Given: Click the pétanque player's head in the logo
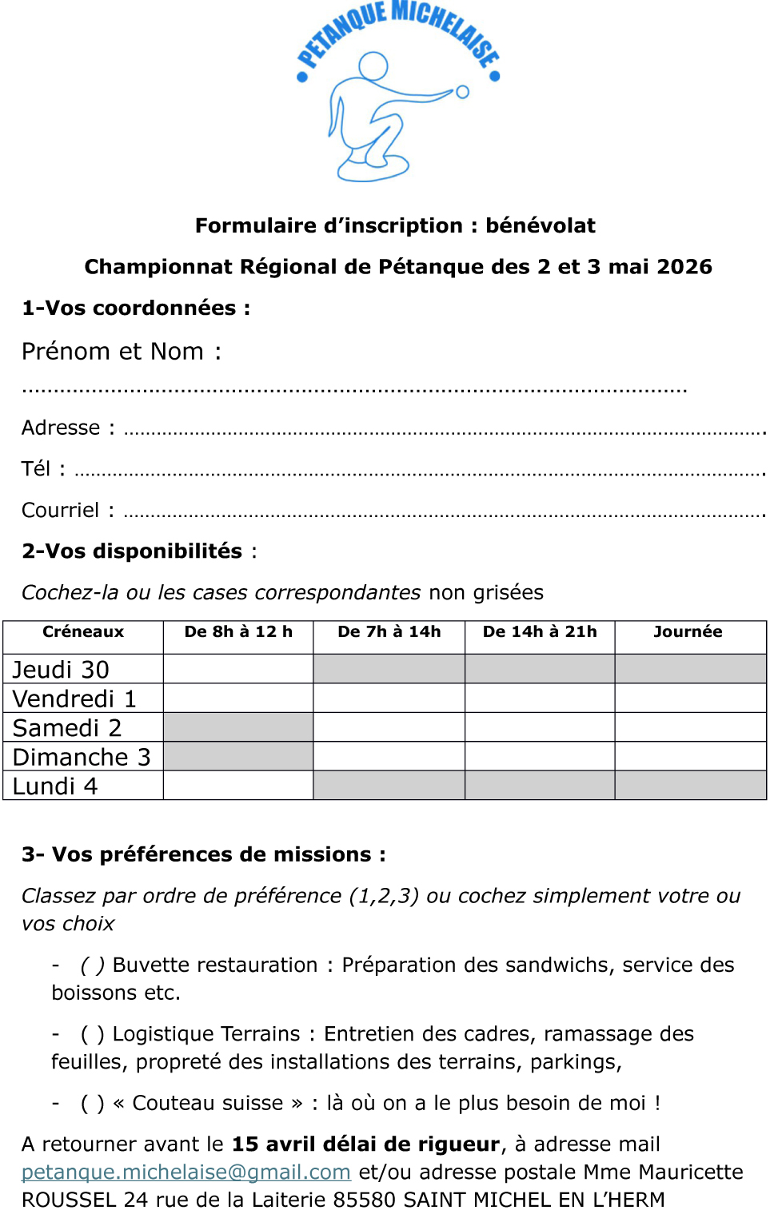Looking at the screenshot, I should pyautogui.click(x=373, y=66).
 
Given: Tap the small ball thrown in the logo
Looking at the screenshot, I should pyautogui.click(x=462, y=92).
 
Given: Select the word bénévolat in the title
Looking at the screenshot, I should pyautogui.click(x=540, y=225).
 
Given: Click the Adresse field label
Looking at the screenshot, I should pyautogui.click(x=61, y=428).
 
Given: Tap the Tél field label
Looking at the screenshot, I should pyautogui.click(x=36, y=469).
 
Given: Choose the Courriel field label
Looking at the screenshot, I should pyautogui.click(x=61, y=510).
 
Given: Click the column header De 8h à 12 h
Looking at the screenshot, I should pyautogui.click(x=238, y=631).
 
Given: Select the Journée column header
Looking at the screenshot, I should pyautogui.click(x=688, y=631).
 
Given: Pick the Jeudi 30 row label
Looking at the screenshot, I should pyautogui.click(x=62, y=669).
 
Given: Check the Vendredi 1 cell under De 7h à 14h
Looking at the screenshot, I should pyautogui.click(x=389, y=698).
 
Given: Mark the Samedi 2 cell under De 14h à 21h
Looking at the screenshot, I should pyautogui.click(x=540, y=727).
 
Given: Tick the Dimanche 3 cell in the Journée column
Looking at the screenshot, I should pyautogui.click(x=690, y=756).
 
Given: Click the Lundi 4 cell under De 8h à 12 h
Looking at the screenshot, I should pyautogui.click(x=238, y=786).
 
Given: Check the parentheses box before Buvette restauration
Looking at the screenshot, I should pyautogui.click(x=93, y=965).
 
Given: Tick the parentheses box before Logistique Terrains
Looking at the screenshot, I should pyautogui.click(x=93, y=1034).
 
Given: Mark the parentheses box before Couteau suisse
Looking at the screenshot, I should pyautogui.click(x=93, y=1103).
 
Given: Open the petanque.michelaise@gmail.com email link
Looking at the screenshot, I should pyautogui.click(x=186, y=1172).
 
